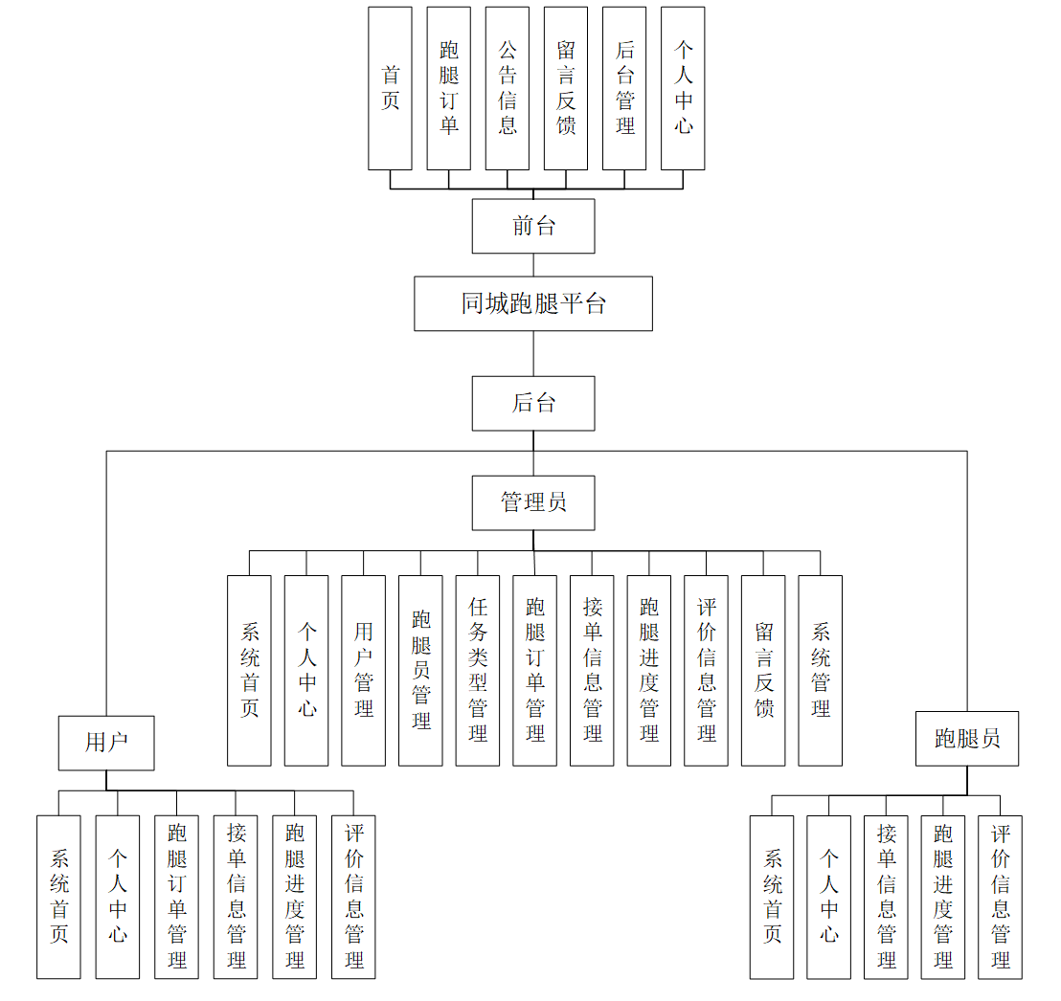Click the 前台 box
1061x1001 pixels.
tap(533, 226)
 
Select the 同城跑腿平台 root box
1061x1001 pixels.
tap(533, 303)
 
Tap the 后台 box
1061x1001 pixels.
tap(533, 403)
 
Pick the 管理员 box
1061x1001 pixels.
tap(533, 502)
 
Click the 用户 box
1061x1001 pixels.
tap(106, 743)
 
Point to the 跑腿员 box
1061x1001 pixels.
tap(967, 739)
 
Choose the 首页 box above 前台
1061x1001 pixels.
tap(390, 88)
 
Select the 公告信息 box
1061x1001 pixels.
tap(508, 88)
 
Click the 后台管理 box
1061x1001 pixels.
tap(624, 88)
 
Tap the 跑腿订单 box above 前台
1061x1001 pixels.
tap(449, 88)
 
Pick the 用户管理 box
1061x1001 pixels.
tap(364, 670)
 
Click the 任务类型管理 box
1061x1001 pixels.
tap(478, 670)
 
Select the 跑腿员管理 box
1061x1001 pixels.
tap(421, 670)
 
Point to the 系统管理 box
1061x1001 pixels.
tap(821, 670)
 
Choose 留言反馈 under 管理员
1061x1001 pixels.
tap(763, 670)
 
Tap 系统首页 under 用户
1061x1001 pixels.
tap(59, 897)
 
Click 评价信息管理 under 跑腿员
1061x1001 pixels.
tap(1001, 897)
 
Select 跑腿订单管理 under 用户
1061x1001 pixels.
tap(177, 897)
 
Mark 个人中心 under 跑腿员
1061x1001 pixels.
tap(829, 897)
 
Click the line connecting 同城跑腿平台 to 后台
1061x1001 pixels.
tap(533, 353)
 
